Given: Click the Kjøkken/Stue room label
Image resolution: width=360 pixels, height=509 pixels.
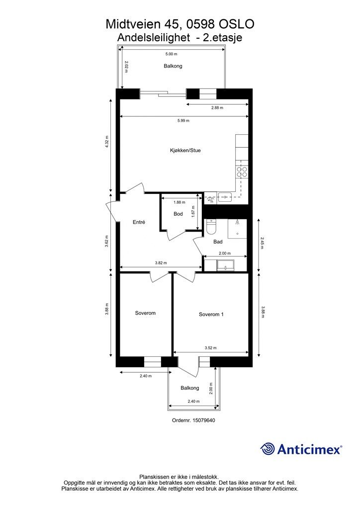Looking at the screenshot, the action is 185,150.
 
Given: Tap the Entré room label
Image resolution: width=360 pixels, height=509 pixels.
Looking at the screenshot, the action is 139,222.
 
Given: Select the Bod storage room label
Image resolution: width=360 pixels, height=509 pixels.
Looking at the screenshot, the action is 178,214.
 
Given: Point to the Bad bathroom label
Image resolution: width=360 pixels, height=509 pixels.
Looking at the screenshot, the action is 218,242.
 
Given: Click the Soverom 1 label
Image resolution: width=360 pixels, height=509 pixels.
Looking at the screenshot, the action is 211,314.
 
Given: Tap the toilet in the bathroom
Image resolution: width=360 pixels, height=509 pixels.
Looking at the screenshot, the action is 211,227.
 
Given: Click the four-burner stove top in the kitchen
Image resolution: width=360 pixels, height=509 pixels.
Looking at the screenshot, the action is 242,171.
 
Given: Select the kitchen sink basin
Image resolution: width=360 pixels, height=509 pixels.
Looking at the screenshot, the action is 225,196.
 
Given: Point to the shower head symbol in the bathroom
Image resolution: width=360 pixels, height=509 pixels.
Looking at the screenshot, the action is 238,222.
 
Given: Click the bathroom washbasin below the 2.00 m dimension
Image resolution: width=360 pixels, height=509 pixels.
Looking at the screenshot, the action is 226,265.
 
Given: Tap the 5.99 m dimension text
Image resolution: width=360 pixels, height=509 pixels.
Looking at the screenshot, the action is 183,120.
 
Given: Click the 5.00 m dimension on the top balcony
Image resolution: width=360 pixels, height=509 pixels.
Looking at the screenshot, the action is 172,54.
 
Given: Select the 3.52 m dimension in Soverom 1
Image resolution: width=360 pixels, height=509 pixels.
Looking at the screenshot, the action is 211,347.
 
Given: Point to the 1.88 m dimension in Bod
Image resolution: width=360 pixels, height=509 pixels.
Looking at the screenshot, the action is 179,202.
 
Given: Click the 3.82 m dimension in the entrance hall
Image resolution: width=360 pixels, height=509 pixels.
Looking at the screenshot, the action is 161,263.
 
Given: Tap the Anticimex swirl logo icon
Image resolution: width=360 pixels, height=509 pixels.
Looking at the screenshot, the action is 267,449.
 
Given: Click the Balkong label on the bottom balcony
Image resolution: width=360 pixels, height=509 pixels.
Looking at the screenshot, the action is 190,388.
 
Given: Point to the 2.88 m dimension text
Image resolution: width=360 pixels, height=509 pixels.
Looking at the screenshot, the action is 217,107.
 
